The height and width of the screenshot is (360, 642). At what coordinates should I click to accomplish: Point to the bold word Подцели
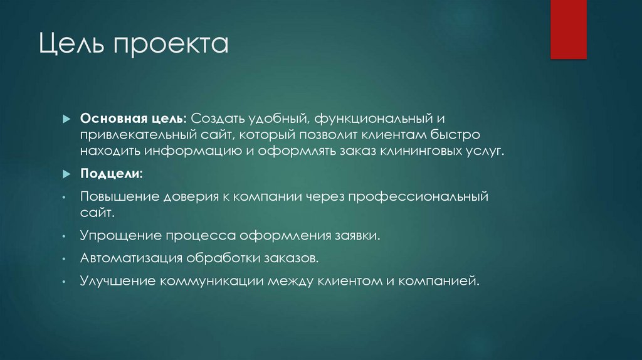tap(110, 172)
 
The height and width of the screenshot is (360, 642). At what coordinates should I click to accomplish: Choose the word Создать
tap(218, 119)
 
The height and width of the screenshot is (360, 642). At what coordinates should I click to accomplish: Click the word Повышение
tap(119, 197)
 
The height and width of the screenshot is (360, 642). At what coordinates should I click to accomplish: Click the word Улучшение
tap(117, 280)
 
